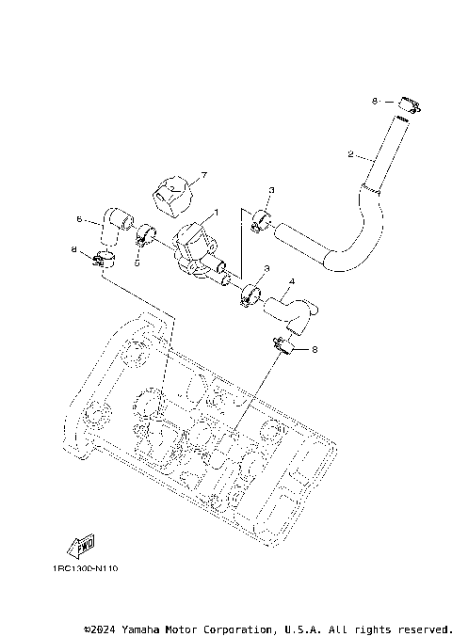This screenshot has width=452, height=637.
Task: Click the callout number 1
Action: point(215,213)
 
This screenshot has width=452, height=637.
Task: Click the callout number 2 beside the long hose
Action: point(350,153)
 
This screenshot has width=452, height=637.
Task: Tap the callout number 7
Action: point(202,175)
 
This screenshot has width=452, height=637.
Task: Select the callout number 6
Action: point(80,219)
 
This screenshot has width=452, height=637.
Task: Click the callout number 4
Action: point(293,281)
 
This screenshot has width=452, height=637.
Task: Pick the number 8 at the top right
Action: point(374,101)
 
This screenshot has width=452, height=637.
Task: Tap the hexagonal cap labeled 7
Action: point(171,193)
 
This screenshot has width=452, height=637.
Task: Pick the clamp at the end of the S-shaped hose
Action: point(261,223)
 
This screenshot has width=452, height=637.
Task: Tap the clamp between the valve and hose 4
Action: point(250,295)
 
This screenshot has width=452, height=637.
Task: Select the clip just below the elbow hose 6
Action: point(104,258)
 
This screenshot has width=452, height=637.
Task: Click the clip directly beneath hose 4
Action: point(281,346)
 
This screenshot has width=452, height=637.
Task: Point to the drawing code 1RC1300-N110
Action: point(86,568)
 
